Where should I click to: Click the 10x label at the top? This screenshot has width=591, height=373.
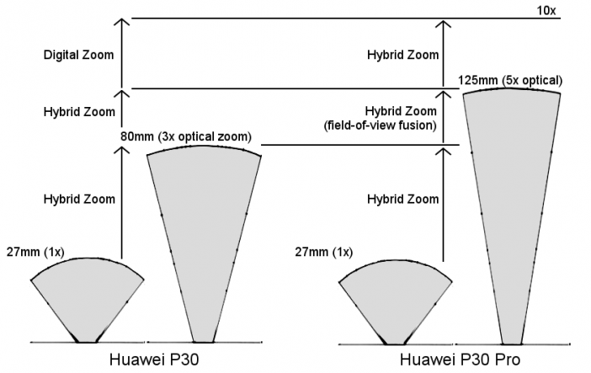coord(546,10)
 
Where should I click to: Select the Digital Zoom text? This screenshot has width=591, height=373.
coord(78,55)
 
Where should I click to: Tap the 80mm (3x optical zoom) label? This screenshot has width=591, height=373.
coord(186,136)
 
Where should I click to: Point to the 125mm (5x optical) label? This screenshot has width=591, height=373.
coord(510,80)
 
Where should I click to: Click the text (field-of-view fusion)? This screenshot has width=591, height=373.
coord(380,125)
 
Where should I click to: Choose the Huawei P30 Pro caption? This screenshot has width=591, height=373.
coord(460,360)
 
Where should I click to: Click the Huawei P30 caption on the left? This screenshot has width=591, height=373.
coord(154,360)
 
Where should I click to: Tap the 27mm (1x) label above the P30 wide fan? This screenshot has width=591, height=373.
coord(35,252)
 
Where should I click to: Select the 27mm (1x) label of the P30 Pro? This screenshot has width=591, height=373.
coord(324,252)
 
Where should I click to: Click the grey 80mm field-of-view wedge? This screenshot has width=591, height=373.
coord(204,226)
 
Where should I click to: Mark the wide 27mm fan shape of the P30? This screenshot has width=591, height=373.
coord(87,290)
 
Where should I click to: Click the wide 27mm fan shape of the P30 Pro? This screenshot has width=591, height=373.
coord(396,292)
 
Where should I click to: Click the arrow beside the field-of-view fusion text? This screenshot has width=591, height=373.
coord(443,116)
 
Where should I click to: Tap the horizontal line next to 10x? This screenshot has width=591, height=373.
coord(346,19)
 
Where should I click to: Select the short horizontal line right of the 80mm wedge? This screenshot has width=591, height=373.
coord(360,145)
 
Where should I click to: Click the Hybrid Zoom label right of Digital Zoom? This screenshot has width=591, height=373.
coord(403,55)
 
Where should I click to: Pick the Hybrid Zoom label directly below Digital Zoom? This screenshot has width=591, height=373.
coord(79,112)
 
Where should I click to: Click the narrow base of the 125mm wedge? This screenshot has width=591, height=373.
coord(512,344)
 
